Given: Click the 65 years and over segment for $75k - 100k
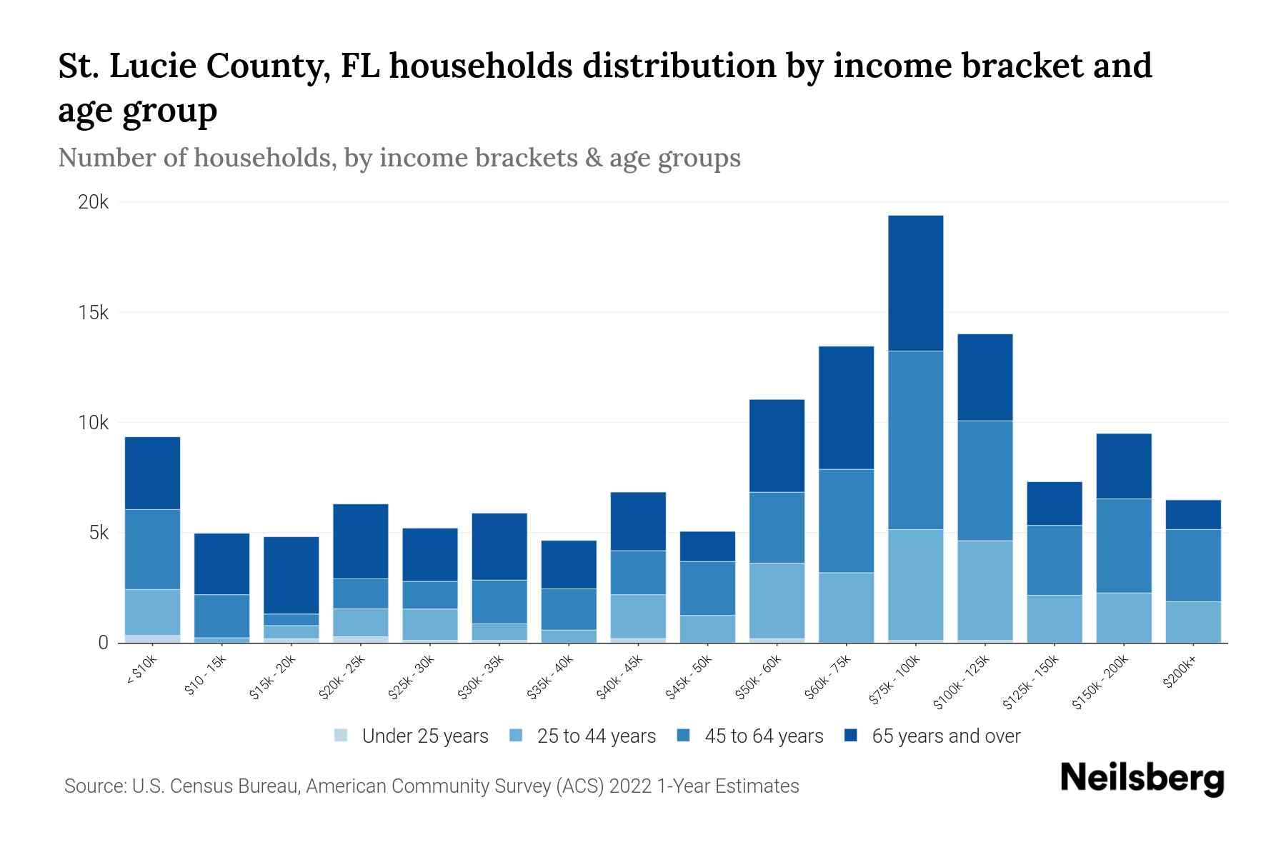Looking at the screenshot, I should [915, 283].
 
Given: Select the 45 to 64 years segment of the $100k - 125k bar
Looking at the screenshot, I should [985, 480].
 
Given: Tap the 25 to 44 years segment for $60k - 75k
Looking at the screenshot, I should [846, 607].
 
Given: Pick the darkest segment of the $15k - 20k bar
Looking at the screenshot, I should [291, 575].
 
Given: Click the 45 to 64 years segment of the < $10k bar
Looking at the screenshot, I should [152, 548].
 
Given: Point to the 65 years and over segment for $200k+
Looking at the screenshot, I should [1192, 514].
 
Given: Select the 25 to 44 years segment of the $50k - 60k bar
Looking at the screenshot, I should [777, 600].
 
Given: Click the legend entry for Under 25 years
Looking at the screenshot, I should [412, 736].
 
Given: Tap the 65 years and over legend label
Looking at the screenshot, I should [946, 736].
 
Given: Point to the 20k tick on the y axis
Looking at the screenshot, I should [94, 202].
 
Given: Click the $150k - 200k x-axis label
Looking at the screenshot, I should [1100, 682].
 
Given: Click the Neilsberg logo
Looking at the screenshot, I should [1142, 778].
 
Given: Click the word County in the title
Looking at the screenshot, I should [269, 66].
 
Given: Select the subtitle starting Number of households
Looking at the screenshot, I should [399, 158].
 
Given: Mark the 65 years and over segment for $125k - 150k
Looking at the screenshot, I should [1054, 503].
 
